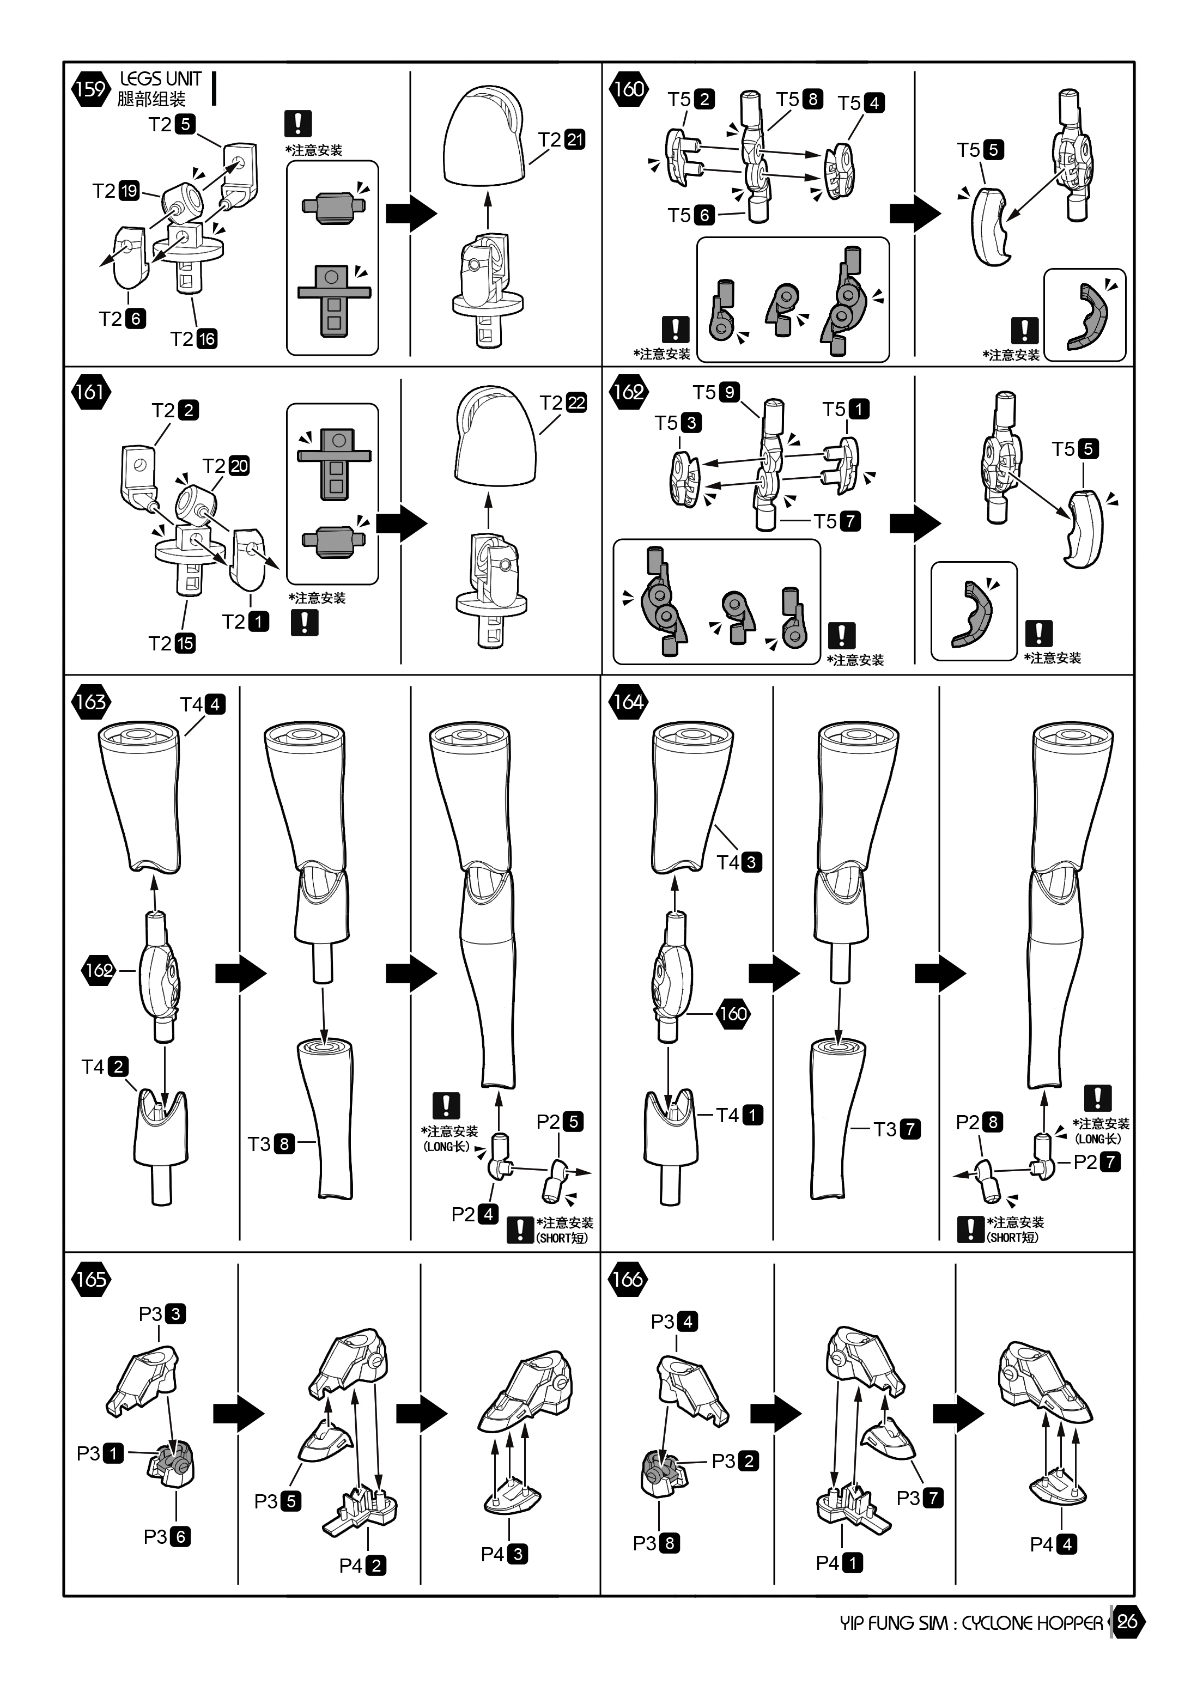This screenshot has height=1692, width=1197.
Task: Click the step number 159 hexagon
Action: point(90,89)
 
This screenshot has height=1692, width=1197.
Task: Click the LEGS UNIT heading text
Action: point(160,79)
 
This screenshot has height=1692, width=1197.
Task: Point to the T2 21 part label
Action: point(561,139)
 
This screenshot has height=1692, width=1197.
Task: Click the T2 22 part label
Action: point(563,403)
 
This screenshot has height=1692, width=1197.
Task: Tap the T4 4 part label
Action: point(203,704)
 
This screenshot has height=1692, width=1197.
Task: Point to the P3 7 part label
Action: point(919,1498)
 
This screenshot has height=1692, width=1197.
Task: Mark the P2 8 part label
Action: point(979,1122)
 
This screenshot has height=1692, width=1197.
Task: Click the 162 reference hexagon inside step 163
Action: point(100,970)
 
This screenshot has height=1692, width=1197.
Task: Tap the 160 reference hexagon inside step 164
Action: point(733,1013)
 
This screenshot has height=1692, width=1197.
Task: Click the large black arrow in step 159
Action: point(411,214)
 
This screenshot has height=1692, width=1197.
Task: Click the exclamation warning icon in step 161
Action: point(303,623)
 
